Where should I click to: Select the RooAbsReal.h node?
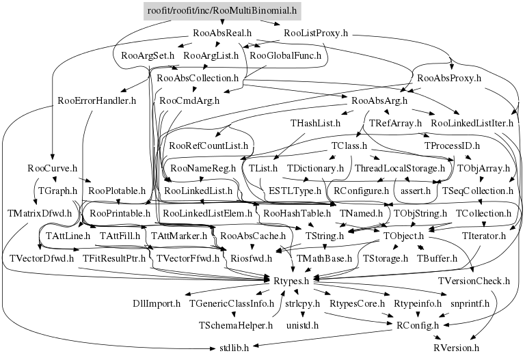tap(223, 32)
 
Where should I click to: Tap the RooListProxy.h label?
tap(315, 32)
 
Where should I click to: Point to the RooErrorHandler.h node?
tap(96, 100)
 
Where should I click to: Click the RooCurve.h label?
tap(52, 167)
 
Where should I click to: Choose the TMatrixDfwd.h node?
tap(40, 212)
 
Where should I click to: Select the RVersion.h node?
tap(456, 347)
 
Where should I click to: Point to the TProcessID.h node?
tap(452, 146)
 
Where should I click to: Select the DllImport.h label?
tap(156, 303)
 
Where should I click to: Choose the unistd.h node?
tap(301, 325)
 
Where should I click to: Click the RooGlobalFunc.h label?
tap(285, 55)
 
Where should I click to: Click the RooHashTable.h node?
tap(297, 213)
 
